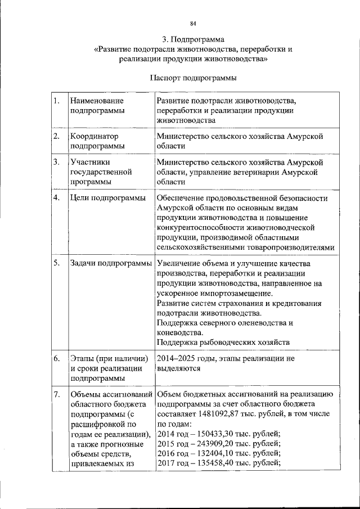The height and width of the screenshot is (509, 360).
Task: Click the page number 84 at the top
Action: coord(193,23)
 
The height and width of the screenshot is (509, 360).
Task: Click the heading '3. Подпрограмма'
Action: coord(193,40)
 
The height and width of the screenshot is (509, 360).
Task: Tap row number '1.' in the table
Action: coord(57,101)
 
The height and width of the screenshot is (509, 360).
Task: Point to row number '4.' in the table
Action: coord(57,199)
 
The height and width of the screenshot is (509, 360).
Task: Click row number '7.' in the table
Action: coord(57,395)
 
